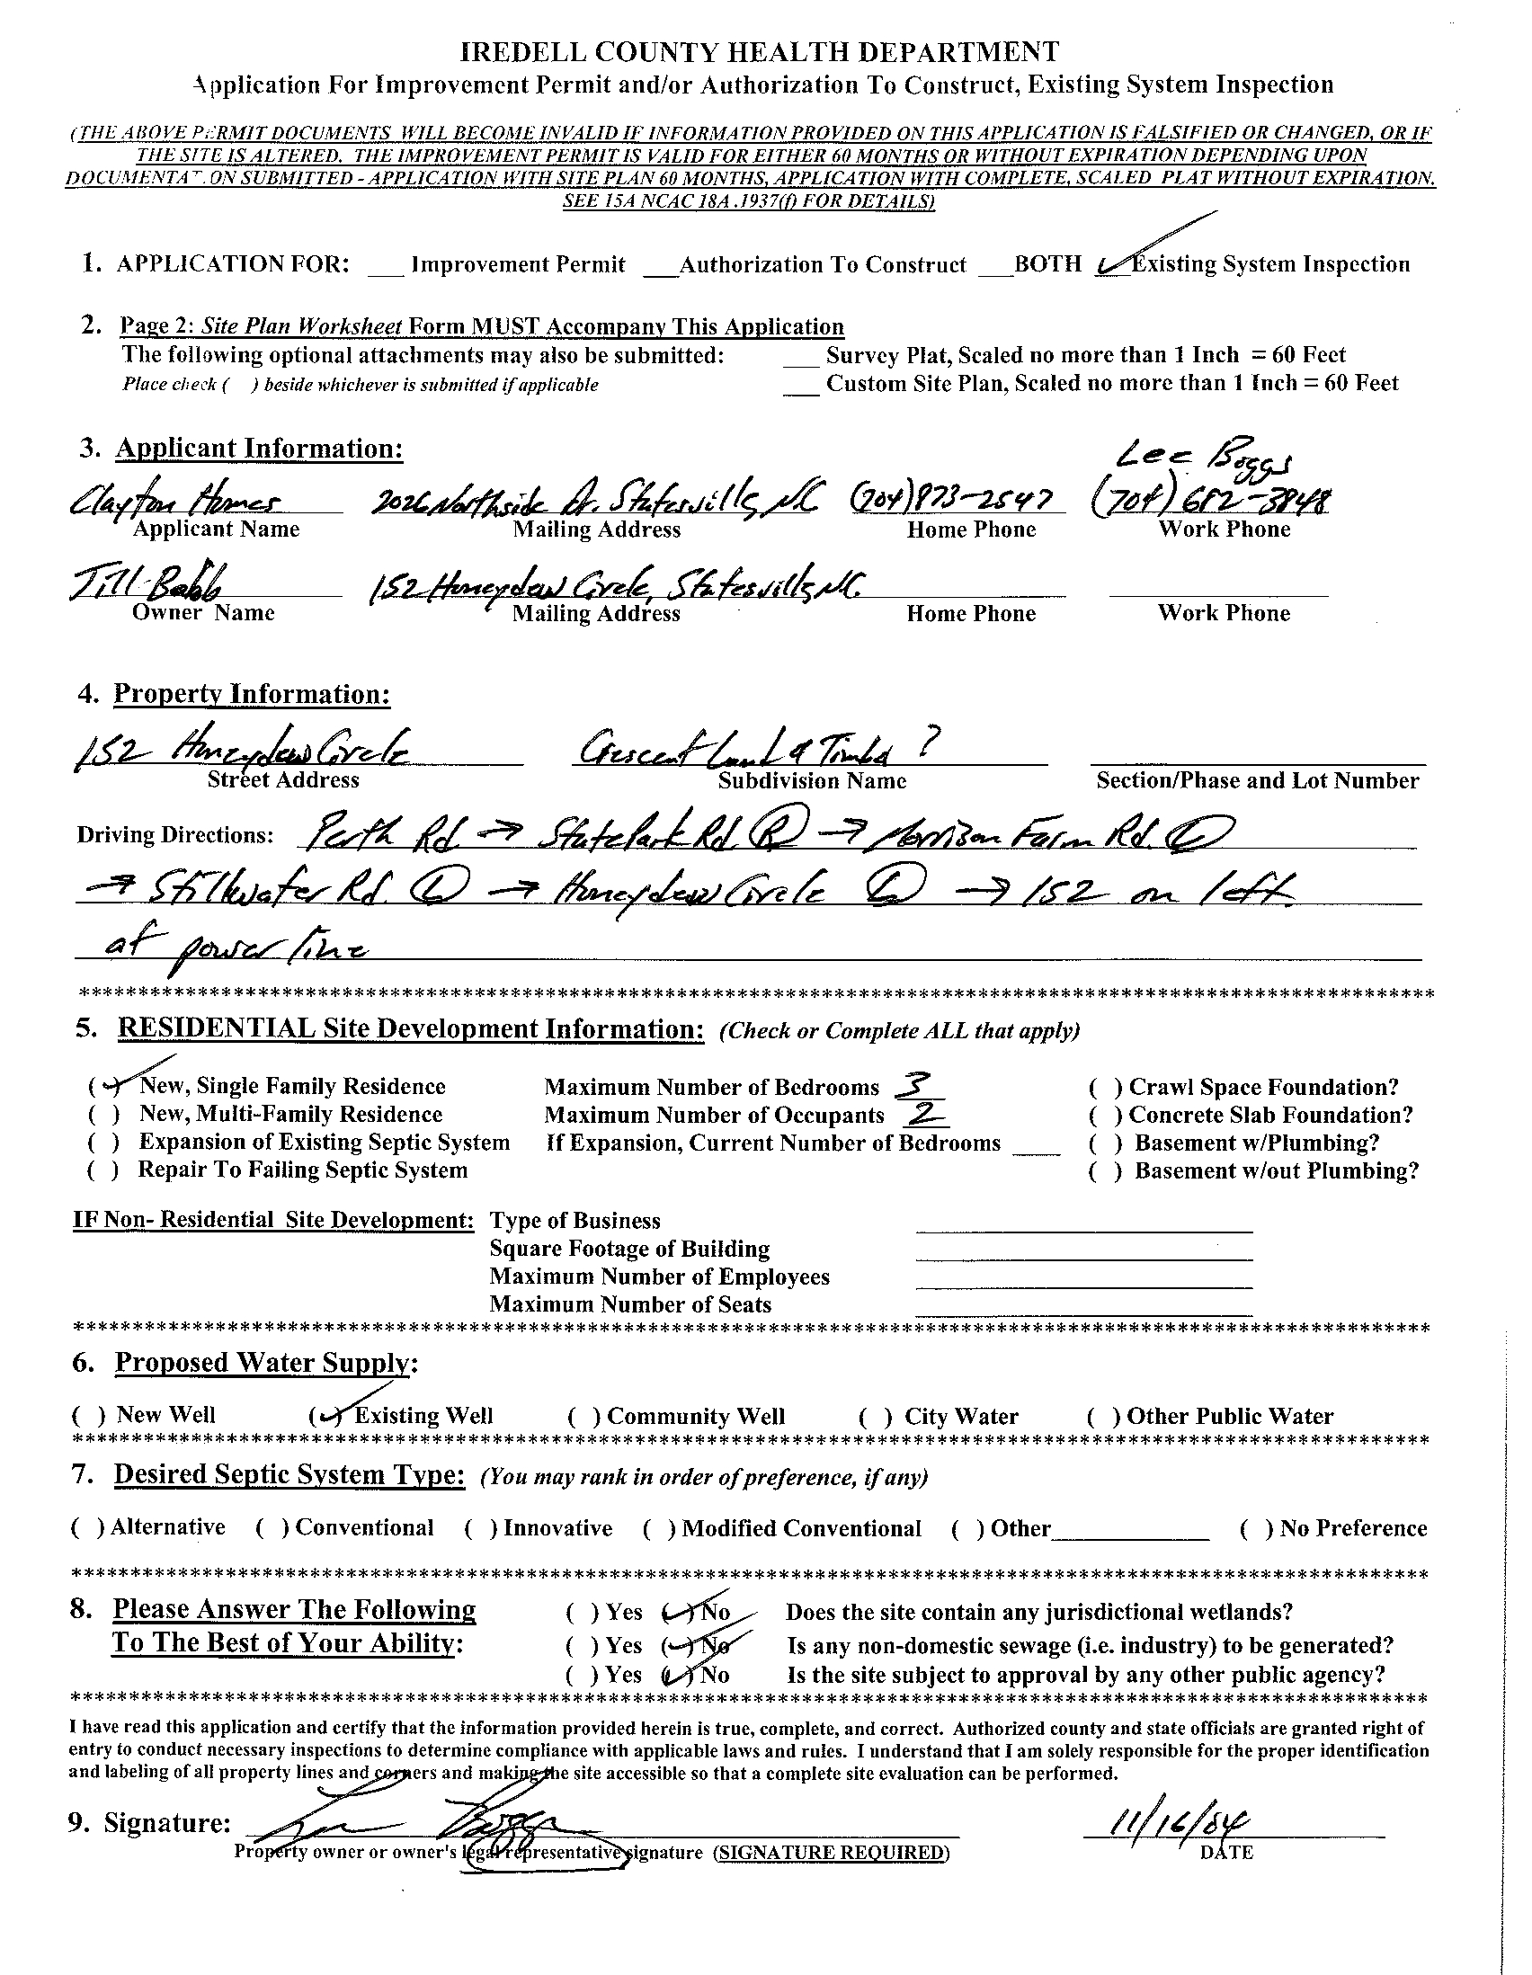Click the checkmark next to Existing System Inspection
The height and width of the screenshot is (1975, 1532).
point(1113,263)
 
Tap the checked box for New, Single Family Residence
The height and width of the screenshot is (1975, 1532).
point(108,1085)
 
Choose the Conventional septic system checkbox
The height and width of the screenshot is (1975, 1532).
point(272,1528)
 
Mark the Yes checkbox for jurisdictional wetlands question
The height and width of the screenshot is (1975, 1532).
point(582,1613)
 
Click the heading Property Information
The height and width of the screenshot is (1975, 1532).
point(252,695)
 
